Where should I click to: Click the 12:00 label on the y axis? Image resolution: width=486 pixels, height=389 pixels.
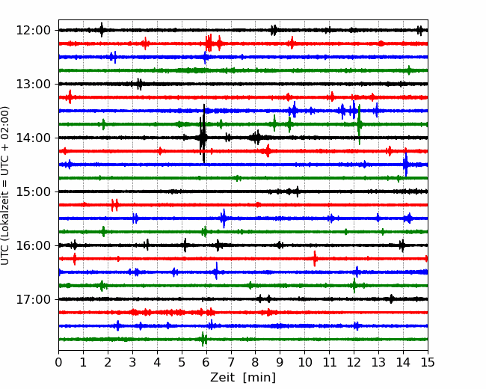(x=33, y=31)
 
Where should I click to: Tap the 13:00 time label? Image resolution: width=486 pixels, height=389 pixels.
(x=33, y=84)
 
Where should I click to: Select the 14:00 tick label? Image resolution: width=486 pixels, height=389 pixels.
(x=33, y=138)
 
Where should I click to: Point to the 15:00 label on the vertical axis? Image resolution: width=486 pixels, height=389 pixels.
(x=33, y=192)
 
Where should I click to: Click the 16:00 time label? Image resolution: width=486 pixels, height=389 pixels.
(x=33, y=245)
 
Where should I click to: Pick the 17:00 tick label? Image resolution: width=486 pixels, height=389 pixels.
(x=33, y=299)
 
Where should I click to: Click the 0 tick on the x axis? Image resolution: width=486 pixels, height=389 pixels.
(x=58, y=362)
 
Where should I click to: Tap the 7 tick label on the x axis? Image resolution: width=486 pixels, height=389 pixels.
(x=231, y=362)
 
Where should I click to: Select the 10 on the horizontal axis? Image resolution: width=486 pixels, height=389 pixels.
(x=304, y=362)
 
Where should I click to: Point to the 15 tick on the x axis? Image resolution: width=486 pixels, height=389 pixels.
(x=428, y=362)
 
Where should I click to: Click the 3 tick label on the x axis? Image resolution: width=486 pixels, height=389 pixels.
(x=132, y=362)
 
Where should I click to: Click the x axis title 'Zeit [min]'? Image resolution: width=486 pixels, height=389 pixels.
(x=243, y=378)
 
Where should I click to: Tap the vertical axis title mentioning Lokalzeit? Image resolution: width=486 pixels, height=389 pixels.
(x=5, y=186)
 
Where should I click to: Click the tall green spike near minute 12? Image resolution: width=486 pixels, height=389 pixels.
(x=359, y=124)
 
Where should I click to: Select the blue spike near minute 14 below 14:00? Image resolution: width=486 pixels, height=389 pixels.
(x=405, y=165)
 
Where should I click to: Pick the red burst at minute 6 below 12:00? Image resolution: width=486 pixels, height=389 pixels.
(x=209, y=43)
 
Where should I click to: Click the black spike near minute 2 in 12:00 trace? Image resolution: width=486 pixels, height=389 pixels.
(x=102, y=30)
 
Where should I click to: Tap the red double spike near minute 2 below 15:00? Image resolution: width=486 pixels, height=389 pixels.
(x=114, y=205)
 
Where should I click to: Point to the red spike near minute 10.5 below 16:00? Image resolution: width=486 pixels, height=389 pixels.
(x=315, y=258)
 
